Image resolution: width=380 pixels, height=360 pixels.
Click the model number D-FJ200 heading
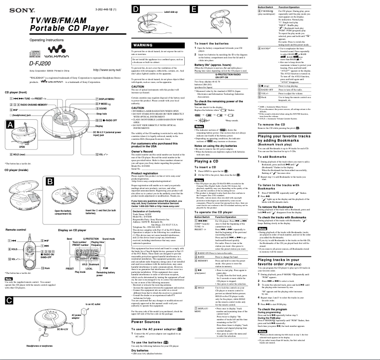pos(18,63)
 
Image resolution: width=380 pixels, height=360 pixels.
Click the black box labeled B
pos(49,181)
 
